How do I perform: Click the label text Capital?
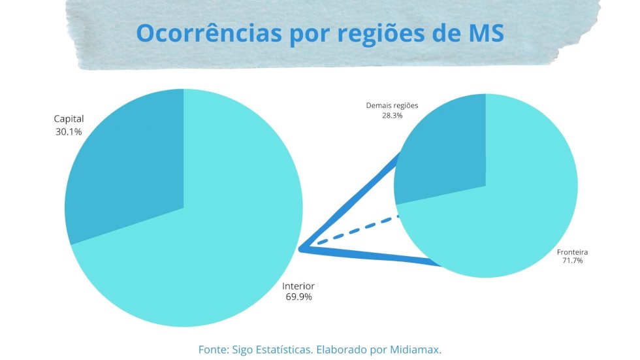click(x=69, y=120)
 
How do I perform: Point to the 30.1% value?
click(x=69, y=131)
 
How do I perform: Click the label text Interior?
click(x=298, y=286)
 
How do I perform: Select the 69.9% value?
click(x=298, y=297)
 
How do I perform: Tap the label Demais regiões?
click(x=392, y=105)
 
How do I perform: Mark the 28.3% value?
click(x=392, y=115)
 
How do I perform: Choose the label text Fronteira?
click(x=573, y=252)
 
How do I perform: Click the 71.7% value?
click(x=573, y=261)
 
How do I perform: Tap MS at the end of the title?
click(x=487, y=33)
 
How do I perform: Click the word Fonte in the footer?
click(x=212, y=350)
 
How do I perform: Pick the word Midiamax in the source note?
click(x=417, y=350)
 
